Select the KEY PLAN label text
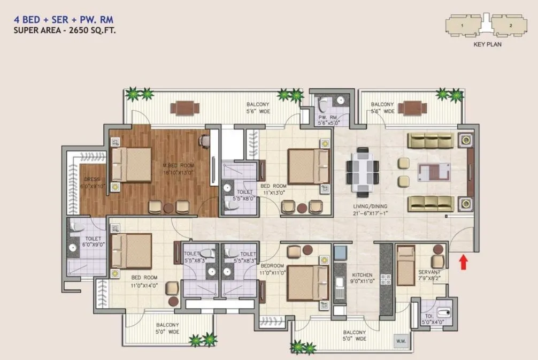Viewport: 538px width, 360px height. tap(487, 45)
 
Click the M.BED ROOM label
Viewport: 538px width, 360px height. tap(179, 165)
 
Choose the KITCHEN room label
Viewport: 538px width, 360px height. tap(362, 275)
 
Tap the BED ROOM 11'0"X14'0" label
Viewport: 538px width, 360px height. tap(144, 281)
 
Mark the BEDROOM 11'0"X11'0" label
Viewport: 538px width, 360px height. tap(272, 269)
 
